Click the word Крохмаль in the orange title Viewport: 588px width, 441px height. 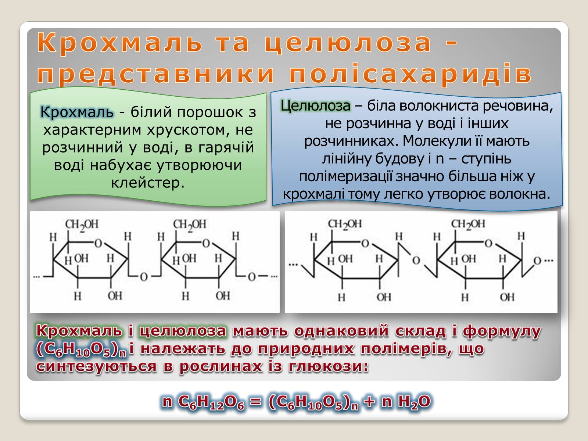tap(119, 43)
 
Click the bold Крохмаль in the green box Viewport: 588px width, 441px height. tap(77, 112)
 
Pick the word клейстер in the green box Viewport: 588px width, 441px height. tap(148, 183)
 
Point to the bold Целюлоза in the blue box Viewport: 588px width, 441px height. tap(315, 106)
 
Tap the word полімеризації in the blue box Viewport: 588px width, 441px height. tap(346, 177)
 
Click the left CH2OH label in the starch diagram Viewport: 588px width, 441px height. tap(82, 225)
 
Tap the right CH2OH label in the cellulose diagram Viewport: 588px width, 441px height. tap(468, 225)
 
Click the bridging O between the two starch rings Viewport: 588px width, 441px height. tap(144, 277)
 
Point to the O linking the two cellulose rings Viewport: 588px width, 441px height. tap(416, 260)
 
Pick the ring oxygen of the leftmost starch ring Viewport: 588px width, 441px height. tap(98, 243)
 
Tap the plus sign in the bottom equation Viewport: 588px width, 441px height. tap(369, 402)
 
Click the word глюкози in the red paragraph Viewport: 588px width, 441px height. tap(329, 366)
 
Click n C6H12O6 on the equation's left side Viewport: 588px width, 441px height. tap(204, 402)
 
